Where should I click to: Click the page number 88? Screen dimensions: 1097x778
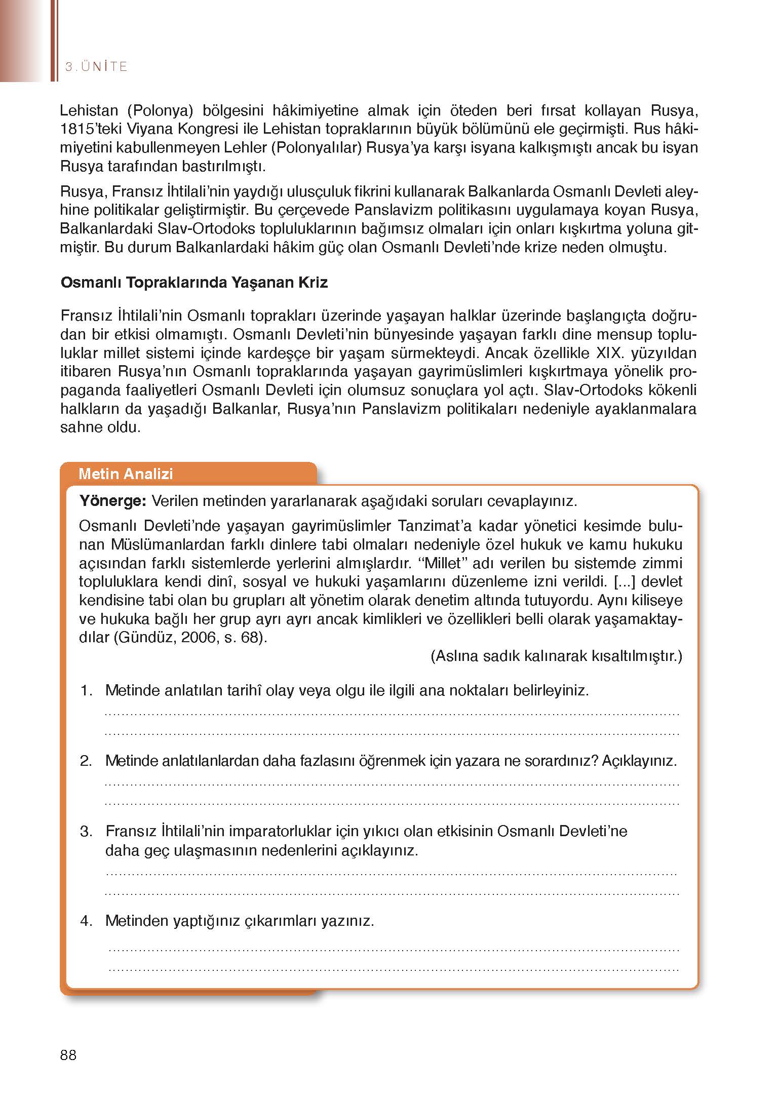(68, 1055)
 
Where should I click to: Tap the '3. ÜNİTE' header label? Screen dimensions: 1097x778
(96, 67)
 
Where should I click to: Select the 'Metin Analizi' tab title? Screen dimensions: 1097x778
(126, 474)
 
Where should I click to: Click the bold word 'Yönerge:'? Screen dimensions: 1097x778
(113, 501)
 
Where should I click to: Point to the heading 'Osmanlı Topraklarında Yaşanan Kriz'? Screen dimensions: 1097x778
(194, 283)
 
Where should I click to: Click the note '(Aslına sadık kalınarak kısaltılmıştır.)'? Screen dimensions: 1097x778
(556, 656)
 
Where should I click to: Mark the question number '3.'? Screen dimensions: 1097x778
(87, 832)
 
